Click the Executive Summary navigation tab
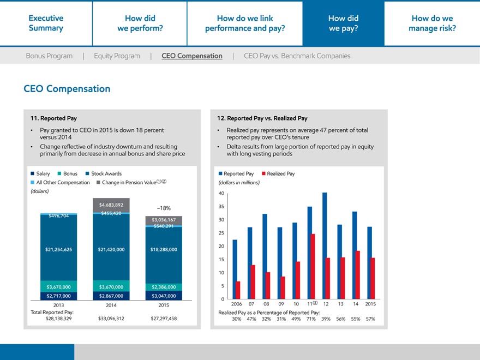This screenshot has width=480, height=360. tap(46, 23)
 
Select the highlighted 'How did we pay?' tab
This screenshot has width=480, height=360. tap(343, 23)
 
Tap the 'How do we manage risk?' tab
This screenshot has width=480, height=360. tap(432, 23)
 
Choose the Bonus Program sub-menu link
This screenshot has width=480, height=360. tap(49, 56)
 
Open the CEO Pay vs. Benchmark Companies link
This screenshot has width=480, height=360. tap(297, 56)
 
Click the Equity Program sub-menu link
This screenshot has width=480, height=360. tap(117, 56)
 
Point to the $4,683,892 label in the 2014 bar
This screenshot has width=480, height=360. tap(111, 205)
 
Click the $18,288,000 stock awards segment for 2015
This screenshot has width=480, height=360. tap(164, 249)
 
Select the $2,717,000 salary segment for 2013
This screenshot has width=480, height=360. tap(58, 296)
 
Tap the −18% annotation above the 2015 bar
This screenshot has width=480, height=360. tap(163, 208)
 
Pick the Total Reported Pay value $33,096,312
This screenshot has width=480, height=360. tap(111, 318)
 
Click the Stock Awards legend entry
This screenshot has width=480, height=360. tap(104, 173)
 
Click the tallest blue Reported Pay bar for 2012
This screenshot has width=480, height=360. tap(325, 245)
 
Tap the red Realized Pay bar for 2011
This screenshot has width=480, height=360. tap(313, 266)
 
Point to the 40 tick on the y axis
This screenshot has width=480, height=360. tap(221, 194)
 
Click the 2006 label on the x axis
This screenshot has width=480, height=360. tap(237, 304)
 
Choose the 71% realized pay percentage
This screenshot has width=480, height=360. tap(311, 319)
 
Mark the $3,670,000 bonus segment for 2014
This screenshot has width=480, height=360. tap(111, 286)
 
